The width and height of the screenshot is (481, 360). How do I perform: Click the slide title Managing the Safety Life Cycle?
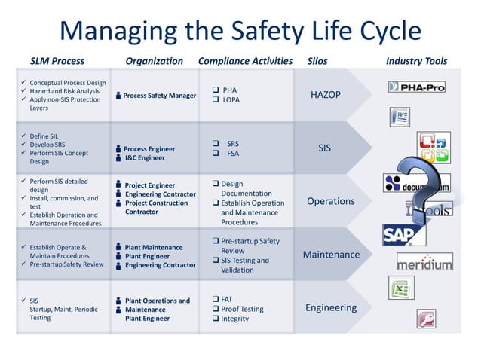(240, 31)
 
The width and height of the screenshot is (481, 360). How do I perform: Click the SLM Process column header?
(57, 61)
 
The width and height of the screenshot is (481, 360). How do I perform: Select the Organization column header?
(154, 61)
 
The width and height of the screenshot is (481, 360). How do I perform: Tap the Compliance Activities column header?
(245, 61)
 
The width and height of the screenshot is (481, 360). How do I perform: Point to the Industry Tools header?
(416, 61)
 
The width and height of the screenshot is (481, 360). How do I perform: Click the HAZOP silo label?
(326, 95)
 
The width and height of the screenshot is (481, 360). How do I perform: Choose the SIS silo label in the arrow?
(324, 148)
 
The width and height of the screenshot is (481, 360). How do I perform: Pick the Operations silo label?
(330, 201)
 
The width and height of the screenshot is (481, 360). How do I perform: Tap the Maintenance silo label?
(331, 255)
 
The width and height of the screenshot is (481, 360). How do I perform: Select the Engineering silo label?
(331, 307)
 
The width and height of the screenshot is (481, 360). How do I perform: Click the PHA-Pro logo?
(416, 87)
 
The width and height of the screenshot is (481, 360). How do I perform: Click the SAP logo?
(400, 235)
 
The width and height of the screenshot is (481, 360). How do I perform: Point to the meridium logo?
(424, 263)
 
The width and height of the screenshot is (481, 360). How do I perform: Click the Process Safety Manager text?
(159, 96)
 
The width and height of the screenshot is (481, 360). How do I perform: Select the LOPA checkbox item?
(230, 99)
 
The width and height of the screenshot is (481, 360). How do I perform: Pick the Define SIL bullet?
(46, 136)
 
